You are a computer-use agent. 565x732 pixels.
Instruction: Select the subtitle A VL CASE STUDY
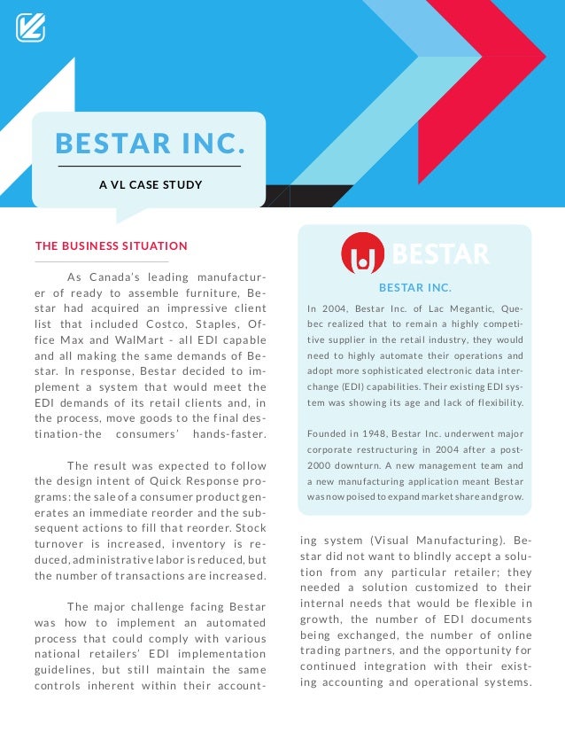coord(150,185)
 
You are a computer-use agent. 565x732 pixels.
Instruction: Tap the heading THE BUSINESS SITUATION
coord(111,245)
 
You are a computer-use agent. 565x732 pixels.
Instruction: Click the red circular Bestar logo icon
coord(362,254)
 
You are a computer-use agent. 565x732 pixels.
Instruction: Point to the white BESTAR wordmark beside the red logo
coord(440,255)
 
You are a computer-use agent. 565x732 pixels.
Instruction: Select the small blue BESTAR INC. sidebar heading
coord(414,288)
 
